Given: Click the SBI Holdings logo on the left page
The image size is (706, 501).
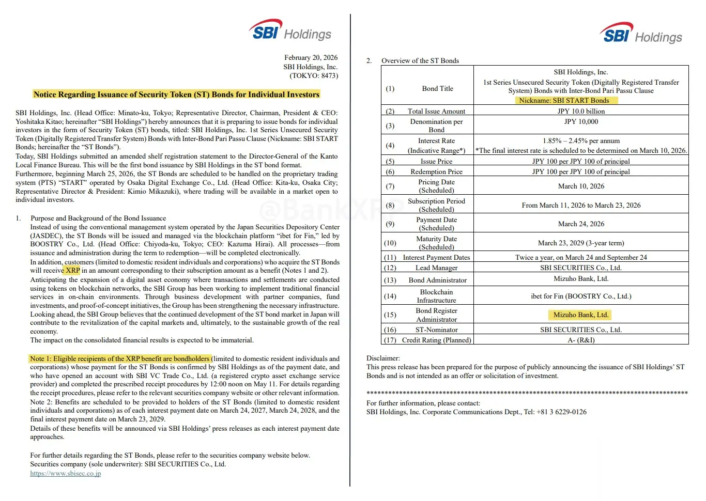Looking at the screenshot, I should point(290,30).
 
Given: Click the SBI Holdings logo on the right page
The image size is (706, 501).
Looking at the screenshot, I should point(641,34).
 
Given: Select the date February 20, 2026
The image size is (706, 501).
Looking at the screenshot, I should point(311,57).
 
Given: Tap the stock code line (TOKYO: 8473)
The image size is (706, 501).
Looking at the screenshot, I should point(314,75).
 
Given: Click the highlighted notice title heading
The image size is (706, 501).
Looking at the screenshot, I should point(176,94).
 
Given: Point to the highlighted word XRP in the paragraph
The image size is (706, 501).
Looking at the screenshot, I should point(73,270).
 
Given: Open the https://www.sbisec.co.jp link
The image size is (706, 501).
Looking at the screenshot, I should point(66,473).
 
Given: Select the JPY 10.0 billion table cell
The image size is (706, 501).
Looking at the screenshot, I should point(581,111).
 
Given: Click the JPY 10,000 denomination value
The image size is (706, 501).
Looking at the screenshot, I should point(581,121).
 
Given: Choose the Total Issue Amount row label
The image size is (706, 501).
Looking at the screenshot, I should point(436,111).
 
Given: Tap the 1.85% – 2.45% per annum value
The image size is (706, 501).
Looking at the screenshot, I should point(581,140).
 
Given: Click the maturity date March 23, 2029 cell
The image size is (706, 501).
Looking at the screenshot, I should point(581,243).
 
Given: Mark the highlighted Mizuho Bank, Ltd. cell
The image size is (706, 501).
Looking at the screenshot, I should point(581,315).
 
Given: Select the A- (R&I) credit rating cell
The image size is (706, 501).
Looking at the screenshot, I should point(581,340).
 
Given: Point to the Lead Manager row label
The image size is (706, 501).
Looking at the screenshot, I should point(436,268).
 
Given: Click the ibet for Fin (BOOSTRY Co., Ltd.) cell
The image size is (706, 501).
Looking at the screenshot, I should point(581,296).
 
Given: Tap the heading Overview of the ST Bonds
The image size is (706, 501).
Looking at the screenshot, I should point(420,60).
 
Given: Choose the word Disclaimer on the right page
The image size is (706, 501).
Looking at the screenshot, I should point(383,358).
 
